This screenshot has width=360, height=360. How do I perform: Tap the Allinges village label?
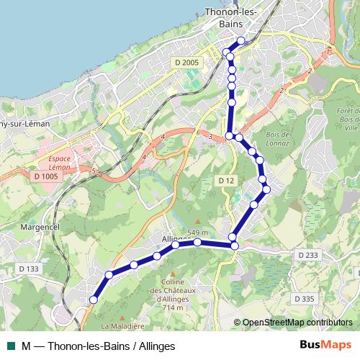pos(178,238)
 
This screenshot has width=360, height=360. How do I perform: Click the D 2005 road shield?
pos(186,63)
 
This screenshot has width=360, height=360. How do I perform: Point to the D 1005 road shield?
pos(46,176)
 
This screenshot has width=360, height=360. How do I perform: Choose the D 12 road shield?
pos(226,179)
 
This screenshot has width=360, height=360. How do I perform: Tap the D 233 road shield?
pos(307,255)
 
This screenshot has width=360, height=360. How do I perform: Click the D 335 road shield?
pos(305,298)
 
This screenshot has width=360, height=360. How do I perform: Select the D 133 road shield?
pos(30,269)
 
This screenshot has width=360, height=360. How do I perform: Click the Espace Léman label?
pos(54,161)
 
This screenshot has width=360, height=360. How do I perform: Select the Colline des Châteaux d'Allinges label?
pos(174,294)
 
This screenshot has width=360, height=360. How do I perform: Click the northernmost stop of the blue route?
pos(241,41)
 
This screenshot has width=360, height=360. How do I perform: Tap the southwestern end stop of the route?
pos(93,300)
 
